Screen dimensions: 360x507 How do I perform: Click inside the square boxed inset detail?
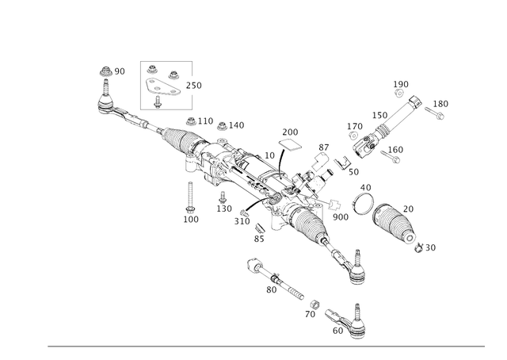tap(164, 83)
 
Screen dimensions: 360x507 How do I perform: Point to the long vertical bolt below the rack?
tap(191, 198)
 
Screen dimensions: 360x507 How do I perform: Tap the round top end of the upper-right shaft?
tap(415, 101)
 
